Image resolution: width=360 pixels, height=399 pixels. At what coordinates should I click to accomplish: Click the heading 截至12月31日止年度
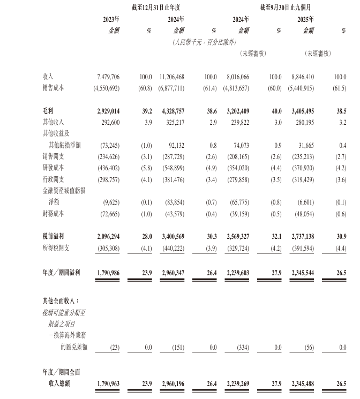click(x=155, y=7)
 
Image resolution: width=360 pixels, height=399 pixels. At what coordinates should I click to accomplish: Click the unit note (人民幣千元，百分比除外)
click(x=204, y=42)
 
